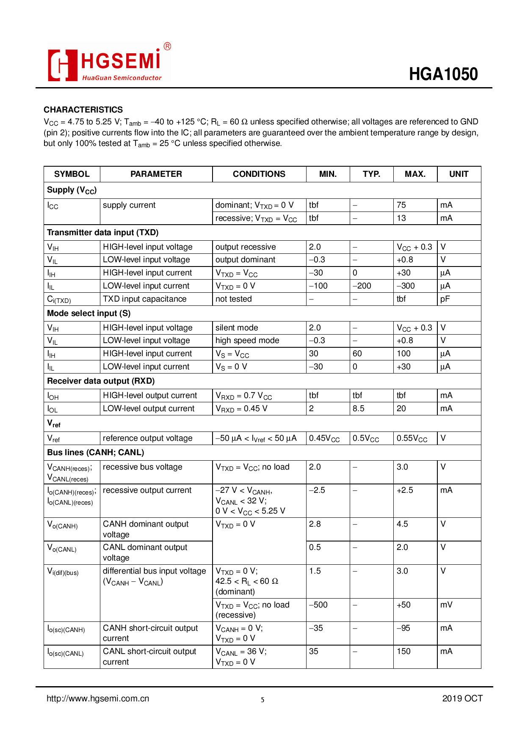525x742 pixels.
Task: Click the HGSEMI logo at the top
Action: tap(109, 63)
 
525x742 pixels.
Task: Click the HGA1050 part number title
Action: tap(443, 74)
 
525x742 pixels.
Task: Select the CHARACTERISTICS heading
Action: tap(83, 110)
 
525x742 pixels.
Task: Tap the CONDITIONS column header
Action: tap(259, 174)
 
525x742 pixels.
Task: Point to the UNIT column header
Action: tap(459, 174)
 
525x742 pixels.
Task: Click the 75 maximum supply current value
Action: tap(401, 205)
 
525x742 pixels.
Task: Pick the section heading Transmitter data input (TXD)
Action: tap(102, 232)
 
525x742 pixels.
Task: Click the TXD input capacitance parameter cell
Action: tap(144, 299)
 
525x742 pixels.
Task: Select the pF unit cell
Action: tap(445, 299)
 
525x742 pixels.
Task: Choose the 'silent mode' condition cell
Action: tap(236, 328)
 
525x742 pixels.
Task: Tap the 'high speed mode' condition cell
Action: tap(247, 341)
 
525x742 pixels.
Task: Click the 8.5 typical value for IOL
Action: tap(358, 409)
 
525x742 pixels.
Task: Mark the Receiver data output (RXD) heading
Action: tap(101, 381)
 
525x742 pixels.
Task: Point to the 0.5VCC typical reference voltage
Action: tap(366, 438)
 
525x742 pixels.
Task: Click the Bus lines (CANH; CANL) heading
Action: tap(95, 453)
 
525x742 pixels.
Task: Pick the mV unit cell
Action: tap(446, 605)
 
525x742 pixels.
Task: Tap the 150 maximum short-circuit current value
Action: tap(403, 651)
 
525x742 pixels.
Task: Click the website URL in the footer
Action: tap(98, 698)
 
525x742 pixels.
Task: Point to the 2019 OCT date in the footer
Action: tap(462, 698)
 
